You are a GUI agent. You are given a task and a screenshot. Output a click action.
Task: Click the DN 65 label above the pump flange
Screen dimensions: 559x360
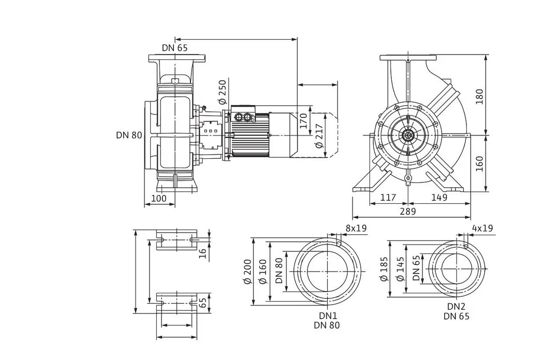tap(174, 48)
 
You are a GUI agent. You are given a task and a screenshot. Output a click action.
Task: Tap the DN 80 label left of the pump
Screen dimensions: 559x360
tap(129, 135)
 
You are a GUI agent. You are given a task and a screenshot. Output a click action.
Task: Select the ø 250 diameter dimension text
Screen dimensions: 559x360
tap(222, 92)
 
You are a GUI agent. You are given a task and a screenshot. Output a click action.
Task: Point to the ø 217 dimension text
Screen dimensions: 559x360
tap(319, 136)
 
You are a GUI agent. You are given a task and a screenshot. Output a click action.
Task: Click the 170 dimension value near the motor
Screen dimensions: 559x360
tap(303, 121)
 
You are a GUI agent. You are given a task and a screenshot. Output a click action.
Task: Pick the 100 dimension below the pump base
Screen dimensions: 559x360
tap(158, 198)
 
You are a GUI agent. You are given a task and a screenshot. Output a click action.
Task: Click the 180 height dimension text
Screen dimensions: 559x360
tap(479, 97)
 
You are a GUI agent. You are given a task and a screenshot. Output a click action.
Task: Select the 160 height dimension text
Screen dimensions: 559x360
tap(479, 163)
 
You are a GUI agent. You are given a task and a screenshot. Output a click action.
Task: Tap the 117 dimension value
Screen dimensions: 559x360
tap(388, 197)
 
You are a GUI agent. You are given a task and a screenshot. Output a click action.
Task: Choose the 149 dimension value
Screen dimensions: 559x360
tap(439, 197)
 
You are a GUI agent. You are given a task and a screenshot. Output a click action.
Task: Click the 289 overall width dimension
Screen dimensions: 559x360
tap(407, 212)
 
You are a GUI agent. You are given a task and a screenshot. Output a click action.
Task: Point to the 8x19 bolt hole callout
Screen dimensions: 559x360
tap(356, 228)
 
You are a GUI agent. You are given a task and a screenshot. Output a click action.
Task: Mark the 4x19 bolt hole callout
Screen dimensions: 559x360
tap(482, 228)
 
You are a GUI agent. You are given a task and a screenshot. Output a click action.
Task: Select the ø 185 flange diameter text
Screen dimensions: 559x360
tap(384, 269)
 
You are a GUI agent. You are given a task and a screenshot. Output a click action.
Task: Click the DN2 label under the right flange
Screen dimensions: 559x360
tap(457, 307)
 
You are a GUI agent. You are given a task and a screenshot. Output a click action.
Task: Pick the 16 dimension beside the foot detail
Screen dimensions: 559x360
tap(202, 253)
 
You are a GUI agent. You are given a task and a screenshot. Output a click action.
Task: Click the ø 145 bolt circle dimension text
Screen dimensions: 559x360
tap(401, 269)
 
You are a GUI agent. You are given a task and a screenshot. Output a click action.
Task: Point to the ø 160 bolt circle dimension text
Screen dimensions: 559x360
tap(263, 272)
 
